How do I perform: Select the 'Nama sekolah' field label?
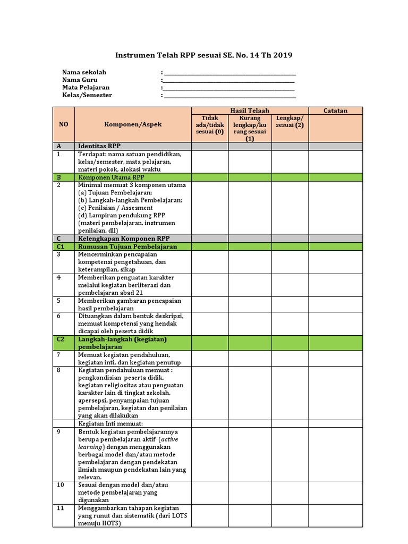point(84,72)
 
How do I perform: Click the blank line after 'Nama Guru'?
point(229,80)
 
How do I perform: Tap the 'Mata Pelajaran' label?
point(86,88)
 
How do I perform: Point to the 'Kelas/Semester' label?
point(87,95)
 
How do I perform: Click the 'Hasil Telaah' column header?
point(250,110)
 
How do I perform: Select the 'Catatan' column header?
point(335,110)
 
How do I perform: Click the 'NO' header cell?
point(64,124)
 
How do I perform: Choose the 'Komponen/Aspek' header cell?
point(133,124)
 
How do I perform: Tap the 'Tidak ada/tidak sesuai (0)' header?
point(210,124)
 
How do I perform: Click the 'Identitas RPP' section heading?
point(99,146)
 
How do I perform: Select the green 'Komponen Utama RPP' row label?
point(109,176)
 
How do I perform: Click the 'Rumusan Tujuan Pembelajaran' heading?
point(127,246)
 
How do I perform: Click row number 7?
point(58,354)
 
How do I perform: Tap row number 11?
point(60,508)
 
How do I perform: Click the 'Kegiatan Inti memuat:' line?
point(110,423)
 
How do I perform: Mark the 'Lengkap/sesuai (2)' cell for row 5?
point(290,303)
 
